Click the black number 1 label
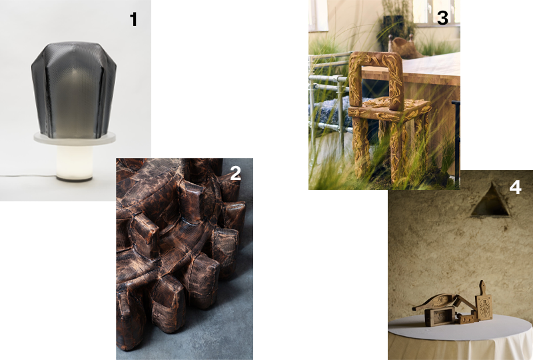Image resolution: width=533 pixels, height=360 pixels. coord(134,19)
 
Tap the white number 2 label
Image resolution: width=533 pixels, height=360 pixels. coord(235,173)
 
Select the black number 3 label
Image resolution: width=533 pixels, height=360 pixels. coord(442,18)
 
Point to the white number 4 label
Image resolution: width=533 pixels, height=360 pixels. coord(515,187)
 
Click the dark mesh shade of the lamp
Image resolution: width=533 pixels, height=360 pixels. coord(74,90)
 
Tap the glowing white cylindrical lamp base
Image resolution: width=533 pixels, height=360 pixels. coord(75,163)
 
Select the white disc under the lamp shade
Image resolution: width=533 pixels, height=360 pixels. coord(75,139)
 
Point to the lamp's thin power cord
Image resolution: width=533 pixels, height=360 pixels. coord(28,175)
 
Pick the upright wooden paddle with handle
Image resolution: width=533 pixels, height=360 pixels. coord(484,302)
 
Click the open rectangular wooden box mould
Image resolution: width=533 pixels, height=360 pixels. coord(440,317)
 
